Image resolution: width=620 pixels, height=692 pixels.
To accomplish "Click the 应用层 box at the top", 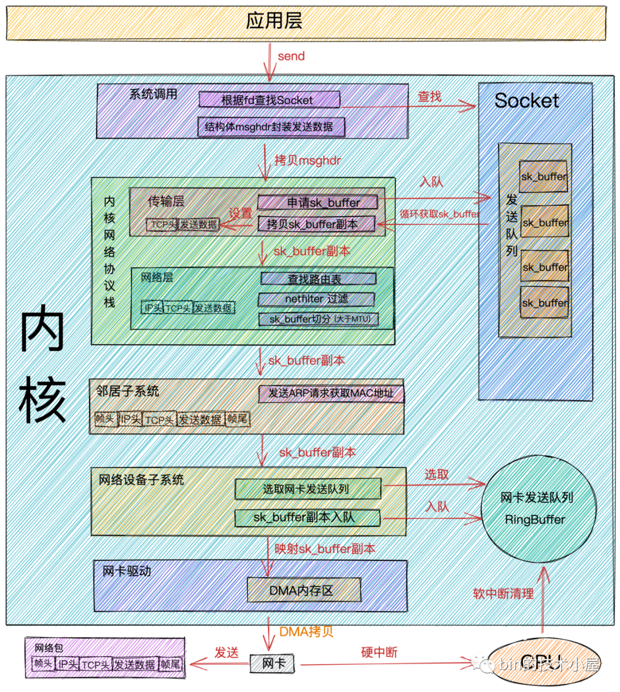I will [x=306, y=22].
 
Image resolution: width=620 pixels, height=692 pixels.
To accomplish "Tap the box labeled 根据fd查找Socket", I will [x=269, y=100].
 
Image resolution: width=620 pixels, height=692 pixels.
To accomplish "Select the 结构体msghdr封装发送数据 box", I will [x=271, y=127].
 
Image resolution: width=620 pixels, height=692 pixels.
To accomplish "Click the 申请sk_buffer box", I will [x=317, y=202].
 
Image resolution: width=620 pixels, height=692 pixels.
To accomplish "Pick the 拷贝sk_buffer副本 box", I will [x=316, y=224].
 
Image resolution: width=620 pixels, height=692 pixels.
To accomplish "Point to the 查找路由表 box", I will [x=318, y=279].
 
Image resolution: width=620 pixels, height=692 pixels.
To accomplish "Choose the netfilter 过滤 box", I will [x=316, y=299].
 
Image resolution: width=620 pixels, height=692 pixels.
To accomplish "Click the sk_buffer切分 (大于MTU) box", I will [x=319, y=319].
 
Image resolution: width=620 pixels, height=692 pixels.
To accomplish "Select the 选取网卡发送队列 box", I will [x=308, y=489].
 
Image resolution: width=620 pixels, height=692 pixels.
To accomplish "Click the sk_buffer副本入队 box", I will [x=307, y=517].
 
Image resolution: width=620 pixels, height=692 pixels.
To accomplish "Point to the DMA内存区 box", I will [x=304, y=590].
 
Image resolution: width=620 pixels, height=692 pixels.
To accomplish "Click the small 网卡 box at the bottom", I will [x=272, y=664].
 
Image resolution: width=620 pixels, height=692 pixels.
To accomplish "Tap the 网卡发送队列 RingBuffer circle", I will [x=537, y=509].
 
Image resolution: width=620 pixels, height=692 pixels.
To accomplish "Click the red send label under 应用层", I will [x=291, y=56].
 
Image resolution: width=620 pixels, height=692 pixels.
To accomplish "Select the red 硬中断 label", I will [x=379, y=652].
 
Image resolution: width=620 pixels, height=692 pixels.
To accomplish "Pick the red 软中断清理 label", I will [x=503, y=593].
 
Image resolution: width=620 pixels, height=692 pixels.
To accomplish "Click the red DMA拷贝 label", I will [x=306, y=632].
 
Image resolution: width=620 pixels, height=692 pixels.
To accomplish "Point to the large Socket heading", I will [x=526, y=101].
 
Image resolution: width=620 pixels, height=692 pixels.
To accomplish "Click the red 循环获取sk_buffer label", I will [x=440, y=214].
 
